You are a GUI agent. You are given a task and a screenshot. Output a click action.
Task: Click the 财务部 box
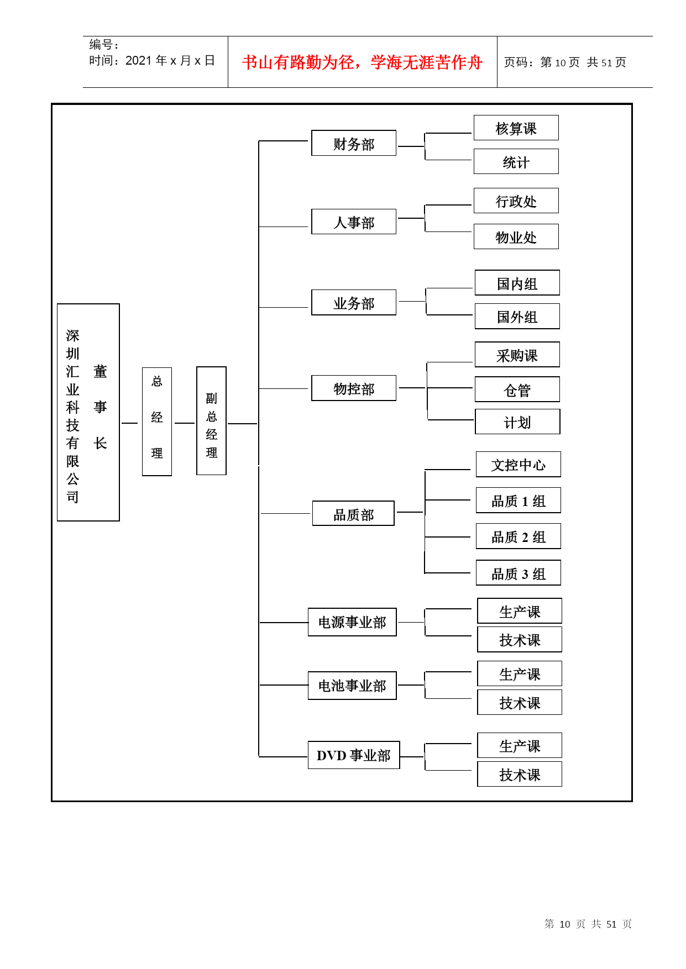[354, 143]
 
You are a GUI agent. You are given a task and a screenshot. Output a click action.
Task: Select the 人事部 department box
[354, 222]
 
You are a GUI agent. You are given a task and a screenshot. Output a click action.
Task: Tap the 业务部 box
[354, 302]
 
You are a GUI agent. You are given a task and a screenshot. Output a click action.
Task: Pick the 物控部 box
[354, 388]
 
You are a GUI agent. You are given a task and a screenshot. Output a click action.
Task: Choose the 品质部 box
[353, 513]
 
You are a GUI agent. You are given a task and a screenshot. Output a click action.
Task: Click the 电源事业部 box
[352, 622]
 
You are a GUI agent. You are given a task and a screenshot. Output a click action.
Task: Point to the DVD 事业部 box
[354, 755]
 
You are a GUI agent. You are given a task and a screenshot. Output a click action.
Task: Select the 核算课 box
[516, 128]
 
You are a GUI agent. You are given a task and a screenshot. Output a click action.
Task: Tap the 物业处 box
[516, 236]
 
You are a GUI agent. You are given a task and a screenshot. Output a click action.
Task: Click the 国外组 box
[517, 317]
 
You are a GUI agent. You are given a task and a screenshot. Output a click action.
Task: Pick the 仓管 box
[517, 389]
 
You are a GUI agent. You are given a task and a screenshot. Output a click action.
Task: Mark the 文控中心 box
[519, 464]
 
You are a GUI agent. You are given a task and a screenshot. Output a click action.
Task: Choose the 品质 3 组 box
[519, 573]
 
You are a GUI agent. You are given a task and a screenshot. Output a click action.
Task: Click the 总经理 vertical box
[157, 422]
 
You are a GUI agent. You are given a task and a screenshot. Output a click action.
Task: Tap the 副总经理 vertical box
[211, 420]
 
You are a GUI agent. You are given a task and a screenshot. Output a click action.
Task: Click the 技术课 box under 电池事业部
[520, 702]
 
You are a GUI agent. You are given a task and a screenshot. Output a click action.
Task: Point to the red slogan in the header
[362, 62]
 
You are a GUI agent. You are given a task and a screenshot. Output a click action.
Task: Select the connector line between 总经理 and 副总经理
[184, 423]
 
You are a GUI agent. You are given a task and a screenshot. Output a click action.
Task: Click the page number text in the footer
[588, 924]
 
